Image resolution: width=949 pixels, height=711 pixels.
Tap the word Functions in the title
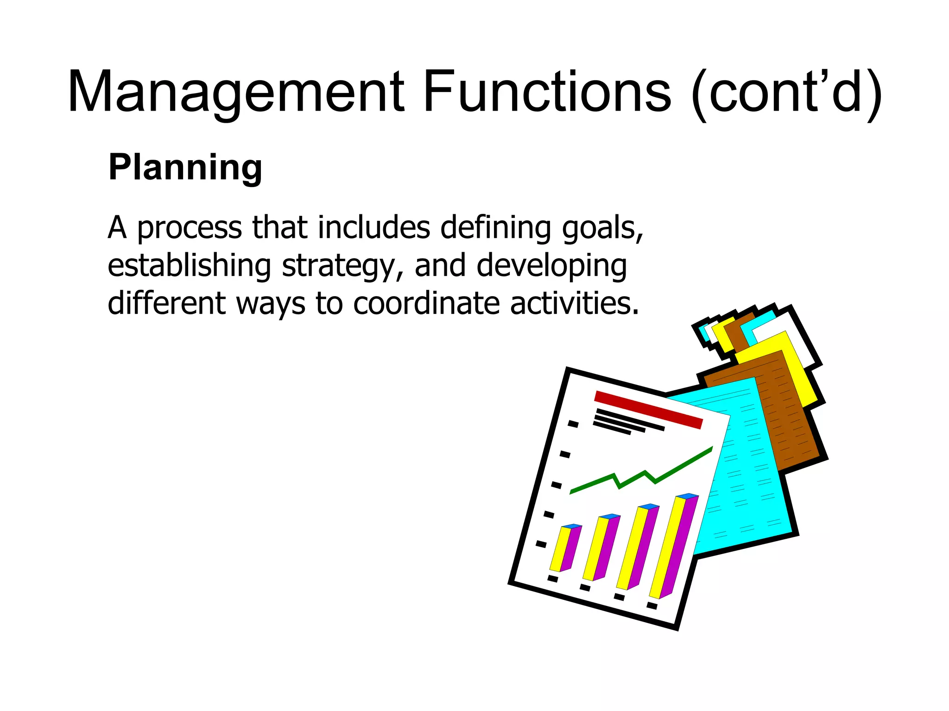[547, 92]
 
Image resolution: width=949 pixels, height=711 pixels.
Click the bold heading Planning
[185, 168]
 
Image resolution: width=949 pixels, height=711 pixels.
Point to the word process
[190, 229]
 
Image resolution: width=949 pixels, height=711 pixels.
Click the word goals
[602, 229]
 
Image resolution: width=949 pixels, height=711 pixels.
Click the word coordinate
[426, 304]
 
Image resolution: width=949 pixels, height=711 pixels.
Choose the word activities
[574, 304]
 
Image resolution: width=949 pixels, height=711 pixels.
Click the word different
[167, 304]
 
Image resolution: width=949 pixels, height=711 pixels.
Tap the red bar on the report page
[648, 410]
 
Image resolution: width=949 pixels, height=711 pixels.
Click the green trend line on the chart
[639, 477]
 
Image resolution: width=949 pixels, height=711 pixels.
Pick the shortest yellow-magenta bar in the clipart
[565, 549]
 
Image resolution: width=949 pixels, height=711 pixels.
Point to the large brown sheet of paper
[788, 407]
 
